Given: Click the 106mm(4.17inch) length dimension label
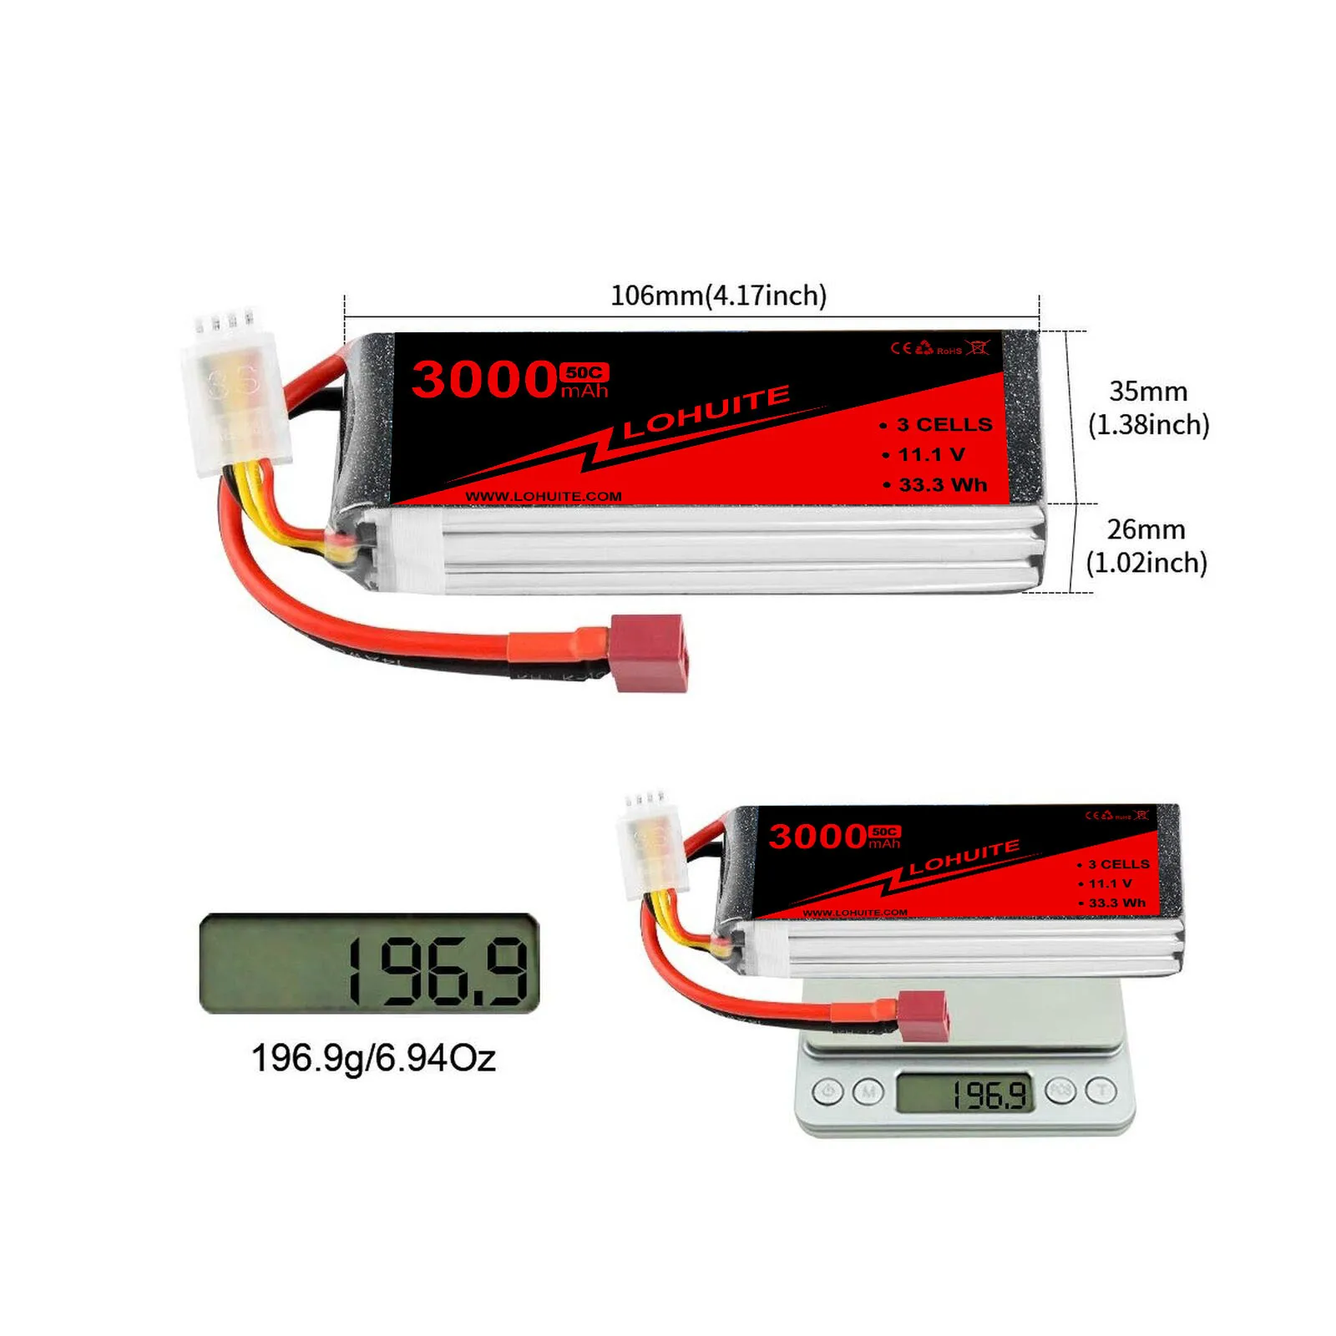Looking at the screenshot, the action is click(718, 296).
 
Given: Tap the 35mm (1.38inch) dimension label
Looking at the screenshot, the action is click(1148, 407).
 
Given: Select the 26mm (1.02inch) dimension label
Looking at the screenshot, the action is click(1146, 546).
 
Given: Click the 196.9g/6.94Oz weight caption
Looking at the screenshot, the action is click(373, 1059).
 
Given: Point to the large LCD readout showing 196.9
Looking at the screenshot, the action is click(370, 964).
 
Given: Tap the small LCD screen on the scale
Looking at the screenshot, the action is click(964, 1093).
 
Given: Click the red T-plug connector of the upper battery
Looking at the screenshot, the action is click(650, 653).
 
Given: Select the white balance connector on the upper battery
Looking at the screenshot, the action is click(236, 397).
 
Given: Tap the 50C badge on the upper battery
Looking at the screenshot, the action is click(584, 372).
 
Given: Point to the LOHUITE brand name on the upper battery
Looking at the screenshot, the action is click(706, 412).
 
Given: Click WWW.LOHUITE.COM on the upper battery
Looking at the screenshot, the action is click(544, 496).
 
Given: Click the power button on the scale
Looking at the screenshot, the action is click(827, 1091).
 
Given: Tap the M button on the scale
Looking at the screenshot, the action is click(868, 1091).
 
